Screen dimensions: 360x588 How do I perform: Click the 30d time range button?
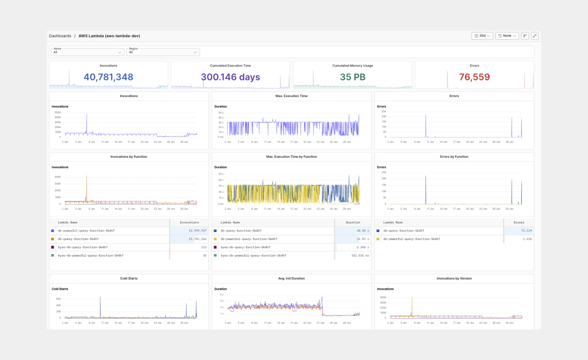point(482,36)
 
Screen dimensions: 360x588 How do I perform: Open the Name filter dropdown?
point(87,52)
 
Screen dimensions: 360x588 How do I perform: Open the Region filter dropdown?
point(163,52)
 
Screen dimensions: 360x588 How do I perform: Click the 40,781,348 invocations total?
point(108,77)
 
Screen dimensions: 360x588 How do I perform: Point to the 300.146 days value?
point(230,77)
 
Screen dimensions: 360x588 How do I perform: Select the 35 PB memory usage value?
point(353,77)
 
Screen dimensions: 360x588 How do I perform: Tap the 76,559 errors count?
point(474,77)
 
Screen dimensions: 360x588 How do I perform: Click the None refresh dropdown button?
point(507,36)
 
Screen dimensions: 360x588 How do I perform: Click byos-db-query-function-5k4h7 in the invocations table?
point(83,247)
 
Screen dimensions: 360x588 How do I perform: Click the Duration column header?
point(353,222)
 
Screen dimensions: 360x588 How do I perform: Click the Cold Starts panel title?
point(129,278)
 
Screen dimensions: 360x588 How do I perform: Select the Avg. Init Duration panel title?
point(291,278)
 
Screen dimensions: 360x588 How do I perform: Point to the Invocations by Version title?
point(454,278)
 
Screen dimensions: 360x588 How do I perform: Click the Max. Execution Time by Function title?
point(291,157)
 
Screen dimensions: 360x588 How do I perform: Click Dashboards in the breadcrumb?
point(60,36)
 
